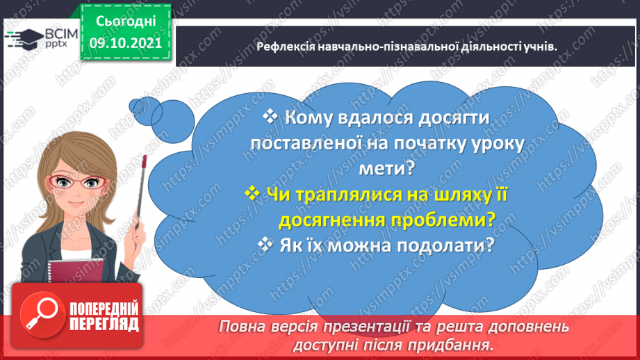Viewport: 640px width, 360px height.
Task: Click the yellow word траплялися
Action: point(330,195)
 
